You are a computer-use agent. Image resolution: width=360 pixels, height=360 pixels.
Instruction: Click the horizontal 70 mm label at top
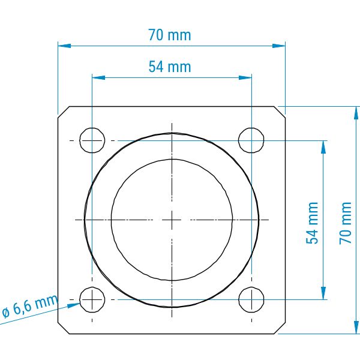tap(169, 35)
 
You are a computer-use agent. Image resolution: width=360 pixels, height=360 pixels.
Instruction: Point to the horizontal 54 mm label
tap(170, 67)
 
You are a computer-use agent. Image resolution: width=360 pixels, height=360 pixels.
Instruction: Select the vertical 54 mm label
tap(312, 223)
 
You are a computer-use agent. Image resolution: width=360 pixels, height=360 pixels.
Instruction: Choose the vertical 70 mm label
tap(346, 223)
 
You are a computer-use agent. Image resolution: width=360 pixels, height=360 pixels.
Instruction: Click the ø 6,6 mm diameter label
tap(30, 306)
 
